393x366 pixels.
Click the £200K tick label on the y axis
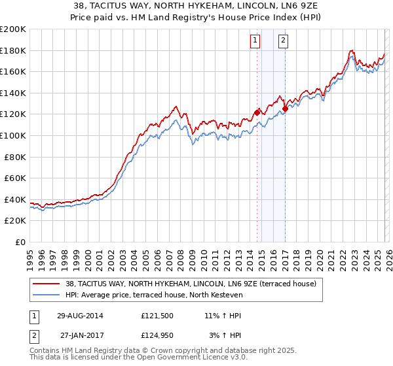[13, 29]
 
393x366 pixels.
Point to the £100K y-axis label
[13, 135]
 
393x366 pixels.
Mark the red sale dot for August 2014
[257, 112]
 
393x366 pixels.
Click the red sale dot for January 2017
[285, 109]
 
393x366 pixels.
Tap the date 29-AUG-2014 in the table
[81, 315]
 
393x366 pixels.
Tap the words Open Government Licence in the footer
[170, 358]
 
